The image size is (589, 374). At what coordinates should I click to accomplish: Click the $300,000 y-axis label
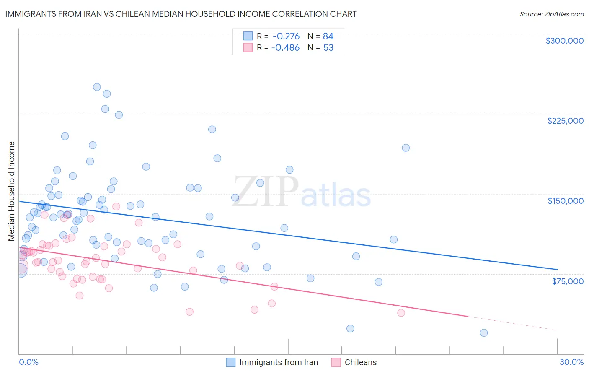[564, 41]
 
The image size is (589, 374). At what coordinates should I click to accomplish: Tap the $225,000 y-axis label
[565, 121]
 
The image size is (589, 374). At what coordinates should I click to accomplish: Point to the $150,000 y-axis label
[565, 201]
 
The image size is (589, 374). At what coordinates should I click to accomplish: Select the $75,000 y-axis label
[567, 281]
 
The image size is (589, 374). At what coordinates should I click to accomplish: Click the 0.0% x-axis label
[28, 362]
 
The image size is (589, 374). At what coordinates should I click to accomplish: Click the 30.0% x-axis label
[571, 362]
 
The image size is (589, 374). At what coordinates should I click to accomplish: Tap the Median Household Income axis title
[12, 191]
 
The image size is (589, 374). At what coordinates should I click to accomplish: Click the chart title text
[181, 14]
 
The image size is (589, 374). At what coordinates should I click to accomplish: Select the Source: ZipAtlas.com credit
[551, 14]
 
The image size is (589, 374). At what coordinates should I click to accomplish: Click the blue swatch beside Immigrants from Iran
[231, 362]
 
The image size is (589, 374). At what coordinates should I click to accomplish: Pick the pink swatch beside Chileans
[336, 362]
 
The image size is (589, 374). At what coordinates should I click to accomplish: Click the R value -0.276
[286, 36]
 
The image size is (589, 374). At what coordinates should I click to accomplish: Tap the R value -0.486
[285, 48]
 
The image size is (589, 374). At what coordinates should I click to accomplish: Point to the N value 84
[328, 36]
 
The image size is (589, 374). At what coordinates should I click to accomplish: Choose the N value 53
[328, 48]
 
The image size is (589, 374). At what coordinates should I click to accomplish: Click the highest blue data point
[97, 87]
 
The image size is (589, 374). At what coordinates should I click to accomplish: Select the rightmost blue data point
[484, 333]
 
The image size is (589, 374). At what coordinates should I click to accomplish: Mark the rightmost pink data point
[401, 313]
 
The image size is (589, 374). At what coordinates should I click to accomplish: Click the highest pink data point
[116, 206]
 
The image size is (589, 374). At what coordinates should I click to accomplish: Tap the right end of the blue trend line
[557, 269]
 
